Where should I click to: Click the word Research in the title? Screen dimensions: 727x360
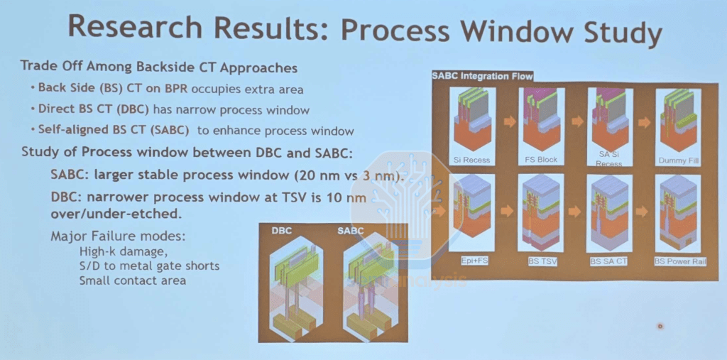click(x=135, y=27)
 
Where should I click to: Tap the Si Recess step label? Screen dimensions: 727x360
click(x=471, y=160)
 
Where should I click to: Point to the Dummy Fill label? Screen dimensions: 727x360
click(x=678, y=160)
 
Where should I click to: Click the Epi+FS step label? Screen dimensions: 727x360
click(x=472, y=261)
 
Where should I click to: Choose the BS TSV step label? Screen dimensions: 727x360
click(x=542, y=261)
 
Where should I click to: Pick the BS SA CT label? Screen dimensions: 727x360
click(x=608, y=261)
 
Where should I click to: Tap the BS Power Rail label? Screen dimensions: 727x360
click(x=680, y=261)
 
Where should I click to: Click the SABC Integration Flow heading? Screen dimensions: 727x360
click(x=482, y=75)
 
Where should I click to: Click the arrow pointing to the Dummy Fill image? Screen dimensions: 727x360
click(x=644, y=122)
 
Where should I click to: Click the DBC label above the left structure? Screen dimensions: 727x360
click(x=281, y=230)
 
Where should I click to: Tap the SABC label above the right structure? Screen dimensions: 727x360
click(x=351, y=230)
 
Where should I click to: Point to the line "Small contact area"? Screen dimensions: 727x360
click(x=133, y=280)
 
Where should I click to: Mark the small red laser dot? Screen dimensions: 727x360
click(x=660, y=326)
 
